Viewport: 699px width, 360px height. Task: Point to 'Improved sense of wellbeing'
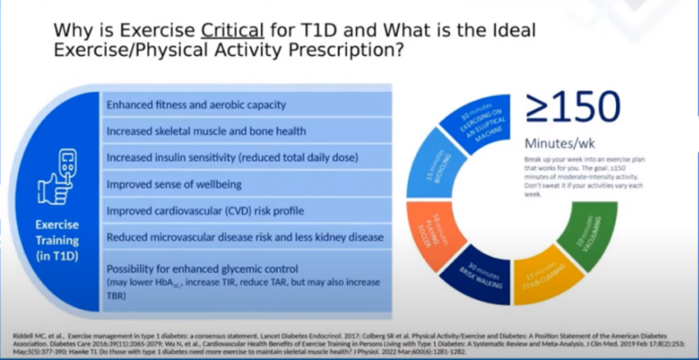point(176,184)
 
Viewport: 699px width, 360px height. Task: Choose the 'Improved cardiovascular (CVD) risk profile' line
point(211,211)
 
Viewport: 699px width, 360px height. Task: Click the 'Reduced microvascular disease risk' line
point(245,237)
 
